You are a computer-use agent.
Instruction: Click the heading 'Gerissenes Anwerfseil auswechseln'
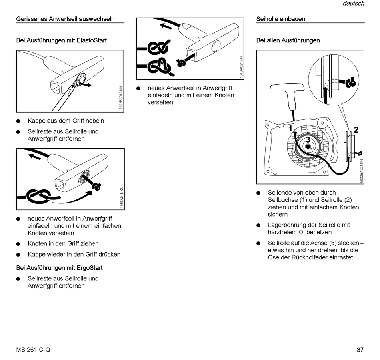pyautogui.click(x=65, y=19)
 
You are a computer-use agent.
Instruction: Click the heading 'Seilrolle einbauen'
pyautogui.click(x=281, y=19)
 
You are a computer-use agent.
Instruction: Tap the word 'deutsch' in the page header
pyautogui.click(x=354, y=4)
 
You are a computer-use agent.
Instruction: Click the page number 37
pyautogui.click(x=360, y=350)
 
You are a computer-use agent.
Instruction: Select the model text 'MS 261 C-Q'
pyautogui.click(x=33, y=350)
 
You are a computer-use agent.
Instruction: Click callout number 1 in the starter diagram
pyautogui.click(x=291, y=129)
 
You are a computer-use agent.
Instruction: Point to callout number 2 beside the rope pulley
pyautogui.click(x=356, y=130)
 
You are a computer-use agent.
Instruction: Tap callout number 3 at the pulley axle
pyautogui.click(x=308, y=140)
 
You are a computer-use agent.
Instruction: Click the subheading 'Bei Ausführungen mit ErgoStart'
pyautogui.click(x=59, y=268)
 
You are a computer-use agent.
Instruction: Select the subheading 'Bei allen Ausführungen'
pyautogui.click(x=288, y=40)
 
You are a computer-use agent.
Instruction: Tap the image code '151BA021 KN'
pyautogui.click(x=241, y=67)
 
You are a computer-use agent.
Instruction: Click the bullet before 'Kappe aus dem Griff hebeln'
pyautogui.click(x=18, y=121)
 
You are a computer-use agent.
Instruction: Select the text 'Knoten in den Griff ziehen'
pyautogui.click(x=63, y=243)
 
